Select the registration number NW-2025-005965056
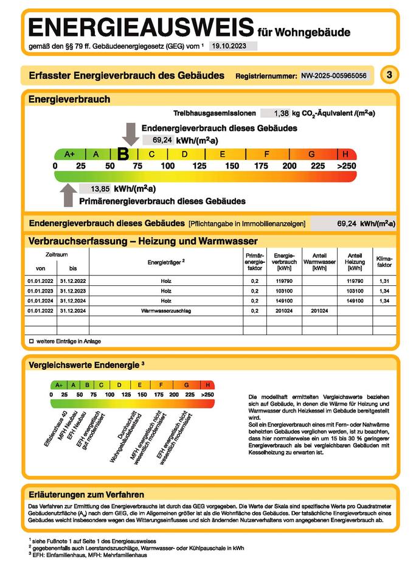pyautogui.click(x=334, y=76)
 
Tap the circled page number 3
pyautogui.click(x=389, y=75)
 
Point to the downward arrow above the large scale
pyautogui.click(x=130, y=133)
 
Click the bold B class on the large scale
pyautogui.click(x=123, y=155)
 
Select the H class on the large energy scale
pyautogui.click(x=345, y=155)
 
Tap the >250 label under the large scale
pyautogui.click(x=346, y=166)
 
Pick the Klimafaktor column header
pyautogui.click(x=384, y=262)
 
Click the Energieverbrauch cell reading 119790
pyautogui.click(x=284, y=282)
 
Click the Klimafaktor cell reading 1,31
pyautogui.click(x=384, y=282)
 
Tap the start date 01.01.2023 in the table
pyautogui.click(x=41, y=291)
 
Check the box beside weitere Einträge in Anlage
pyautogui.click(x=30, y=341)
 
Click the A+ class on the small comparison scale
pyautogui.click(x=59, y=385)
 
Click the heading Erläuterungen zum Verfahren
pyautogui.click(x=86, y=495)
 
